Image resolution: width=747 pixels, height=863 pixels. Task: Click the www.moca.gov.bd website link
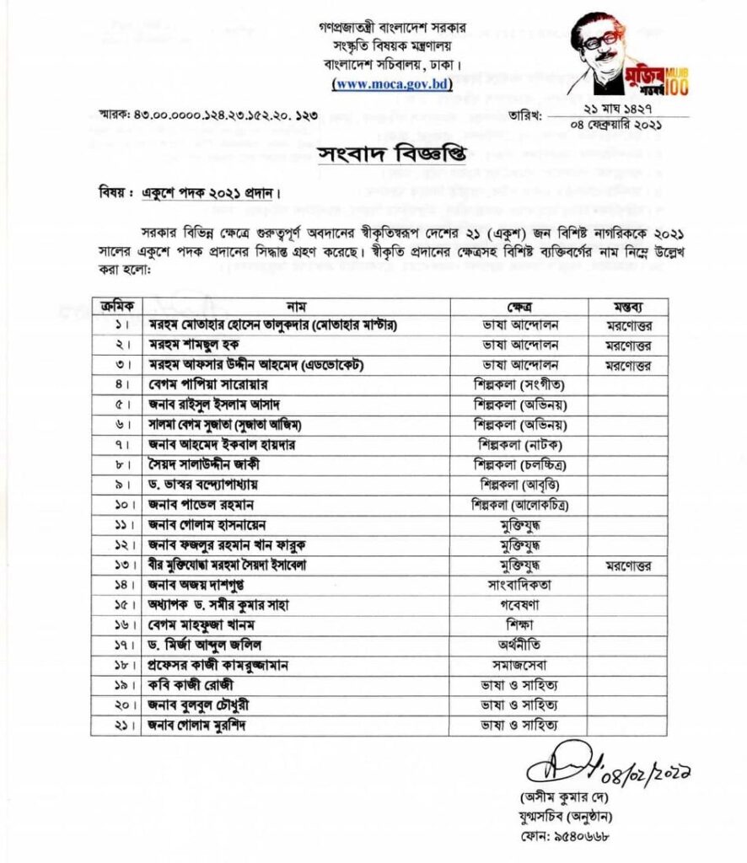point(392,83)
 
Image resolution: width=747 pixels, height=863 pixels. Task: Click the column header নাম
point(296,305)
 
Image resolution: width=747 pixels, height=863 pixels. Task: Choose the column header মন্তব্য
point(628,305)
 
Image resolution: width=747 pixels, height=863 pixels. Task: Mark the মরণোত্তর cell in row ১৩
point(628,564)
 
